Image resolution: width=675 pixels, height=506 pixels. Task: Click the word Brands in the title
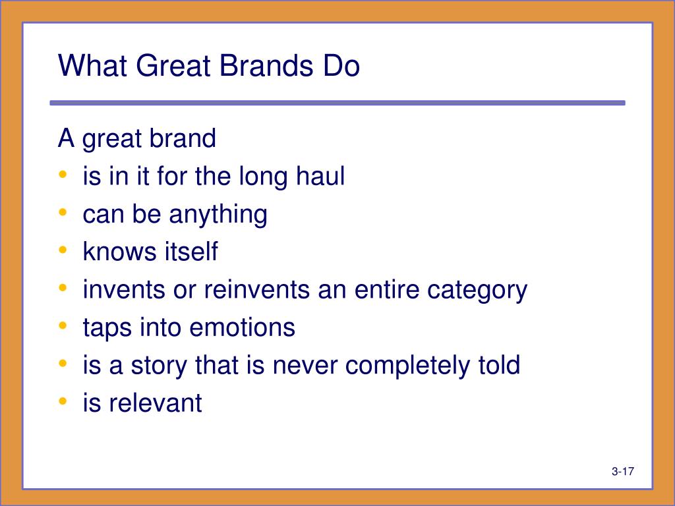pyautogui.click(x=266, y=66)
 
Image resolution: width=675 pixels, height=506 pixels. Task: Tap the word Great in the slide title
pyautogui.click(x=173, y=66)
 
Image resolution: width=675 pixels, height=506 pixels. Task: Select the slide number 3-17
pyautogui.click(x=622, y=471)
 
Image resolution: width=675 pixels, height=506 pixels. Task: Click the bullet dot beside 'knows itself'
pyautogui.click(x=63, y=250)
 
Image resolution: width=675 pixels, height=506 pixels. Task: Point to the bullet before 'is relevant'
pyautogui.click(x=63, y=401)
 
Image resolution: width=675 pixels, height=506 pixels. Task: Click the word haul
pyautogui.click(x=320, y=176)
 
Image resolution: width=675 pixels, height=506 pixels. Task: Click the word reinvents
pyautogui.click(x=256, y=290)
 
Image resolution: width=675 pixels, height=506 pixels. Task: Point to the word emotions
pyautogui.click(x=243, y=327)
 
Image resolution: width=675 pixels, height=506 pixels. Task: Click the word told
pyautogui.click(x=500, y=365)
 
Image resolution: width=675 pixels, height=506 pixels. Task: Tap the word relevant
pyautogui.click(x=156, y=403)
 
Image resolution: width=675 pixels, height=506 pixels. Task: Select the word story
pyautogui.click(x=159, y=366)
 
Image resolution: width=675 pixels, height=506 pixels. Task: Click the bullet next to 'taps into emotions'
pyautogui.click(x=63, y=325)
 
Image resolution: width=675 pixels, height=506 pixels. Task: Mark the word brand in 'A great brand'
pyautogui.click(x=183, y=138)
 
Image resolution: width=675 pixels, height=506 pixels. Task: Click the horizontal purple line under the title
pyautogui.click(x=337, y=103)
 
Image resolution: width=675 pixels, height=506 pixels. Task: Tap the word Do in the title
pyautogui.click(x=341, y=66)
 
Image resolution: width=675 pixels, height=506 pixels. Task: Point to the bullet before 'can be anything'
pyautogui.click(x=63, y=212)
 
